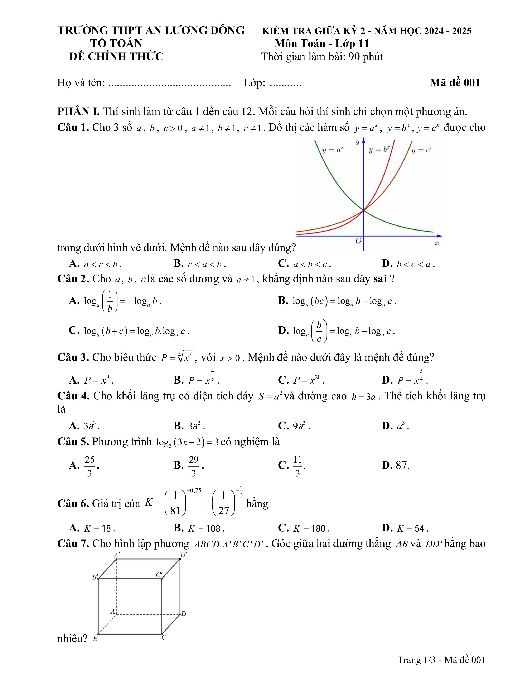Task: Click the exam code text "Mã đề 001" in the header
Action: coord(455,83)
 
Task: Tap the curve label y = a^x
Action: coord(333,150)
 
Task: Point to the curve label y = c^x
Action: coord(422,150)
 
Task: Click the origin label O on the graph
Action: coord(358,241)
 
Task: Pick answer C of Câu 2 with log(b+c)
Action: coord(129,331)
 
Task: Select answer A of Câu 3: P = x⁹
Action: coord(91,380)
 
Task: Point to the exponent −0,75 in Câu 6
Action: coord(194,491)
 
